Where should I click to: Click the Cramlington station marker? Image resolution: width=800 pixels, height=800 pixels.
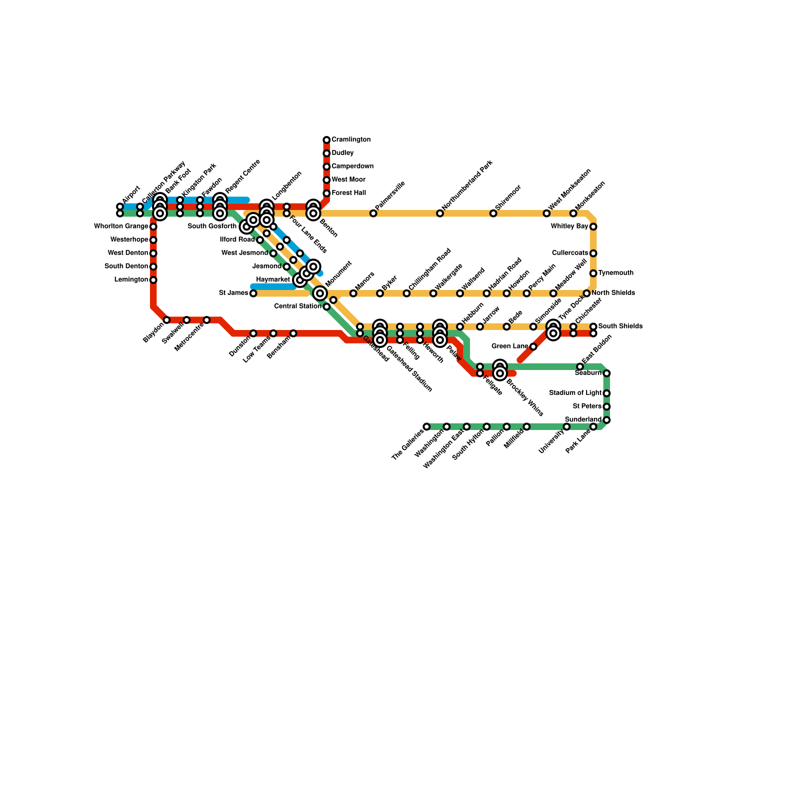click(326, 140)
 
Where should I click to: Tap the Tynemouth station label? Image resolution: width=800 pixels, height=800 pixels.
click(615, 273)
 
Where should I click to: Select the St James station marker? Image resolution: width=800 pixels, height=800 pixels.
click(253, 293)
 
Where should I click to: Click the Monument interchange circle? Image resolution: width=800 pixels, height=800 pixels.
click(320, 293)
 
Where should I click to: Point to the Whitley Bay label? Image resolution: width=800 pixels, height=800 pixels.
click(569, 226)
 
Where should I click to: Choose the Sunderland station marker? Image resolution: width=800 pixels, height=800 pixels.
click(606, 420)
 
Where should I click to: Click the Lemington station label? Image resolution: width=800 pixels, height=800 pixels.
click(131, 280)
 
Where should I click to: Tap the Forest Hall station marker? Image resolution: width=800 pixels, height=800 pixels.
click(326, 193)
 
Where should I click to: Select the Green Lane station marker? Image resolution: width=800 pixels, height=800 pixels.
click(533, 346)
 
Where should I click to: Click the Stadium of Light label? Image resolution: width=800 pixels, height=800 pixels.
click(575, 393)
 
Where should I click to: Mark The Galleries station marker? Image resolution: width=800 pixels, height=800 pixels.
click(426, 426)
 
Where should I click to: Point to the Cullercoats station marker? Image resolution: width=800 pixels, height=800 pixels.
click(593, 253)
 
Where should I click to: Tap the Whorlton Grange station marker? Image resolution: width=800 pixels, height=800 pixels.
click(153, 226)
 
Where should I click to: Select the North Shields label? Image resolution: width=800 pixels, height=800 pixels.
click(613, 293)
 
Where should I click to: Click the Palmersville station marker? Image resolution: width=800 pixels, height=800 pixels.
click(373, 213)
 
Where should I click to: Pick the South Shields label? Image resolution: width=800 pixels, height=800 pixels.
click(620, 326)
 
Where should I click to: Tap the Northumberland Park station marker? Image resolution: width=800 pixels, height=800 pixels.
click(439, 213)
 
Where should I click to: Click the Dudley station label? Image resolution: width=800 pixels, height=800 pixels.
click(342, 153)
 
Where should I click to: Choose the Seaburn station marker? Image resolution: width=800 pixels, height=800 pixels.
click(606, 373)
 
